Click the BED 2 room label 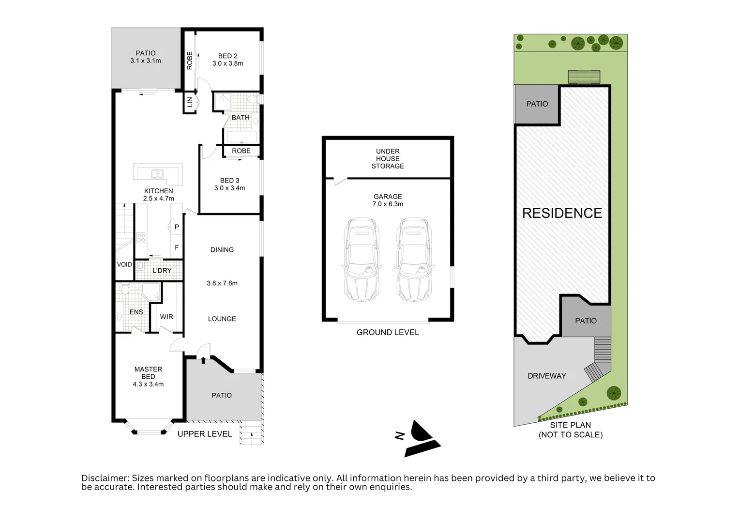pos(227,60)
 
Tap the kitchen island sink pos(157,174)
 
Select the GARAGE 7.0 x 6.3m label pos(388,200)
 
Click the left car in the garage pos(362,259)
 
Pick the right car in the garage pos(414,259)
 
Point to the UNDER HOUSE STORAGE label pos(388,158)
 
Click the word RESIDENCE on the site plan pos(562,213)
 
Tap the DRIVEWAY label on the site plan pos(547,376)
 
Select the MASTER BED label pos(148,373)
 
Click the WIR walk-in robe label pos(166,317)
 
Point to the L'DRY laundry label pos(162,270)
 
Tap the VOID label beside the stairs pos(124,264)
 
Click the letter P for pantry pos(177,227)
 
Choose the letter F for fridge pos(177,247)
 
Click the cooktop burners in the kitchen pos(141,238)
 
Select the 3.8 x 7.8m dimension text pos(222,283)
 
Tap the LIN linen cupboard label pos(190,102)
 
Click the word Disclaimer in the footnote pos(105,478)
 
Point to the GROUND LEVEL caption pos(388,332)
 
